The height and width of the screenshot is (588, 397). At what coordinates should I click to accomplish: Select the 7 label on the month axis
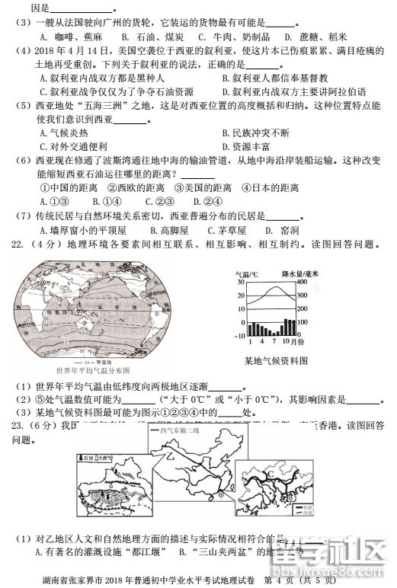pyautogui.click(x=277, y=344)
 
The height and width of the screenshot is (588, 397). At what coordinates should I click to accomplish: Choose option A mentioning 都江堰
pyautogui.click(x=94, y=551)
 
